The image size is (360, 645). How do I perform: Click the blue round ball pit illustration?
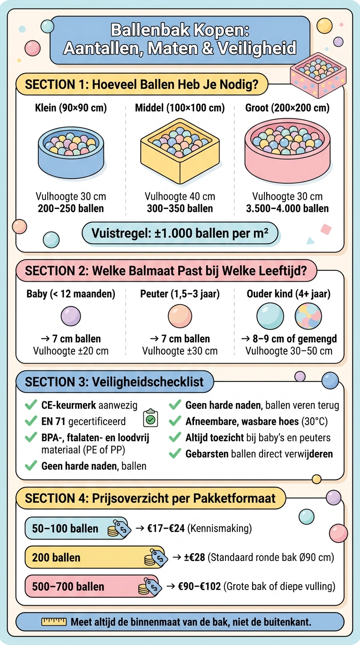71,152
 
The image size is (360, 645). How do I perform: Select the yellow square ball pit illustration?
180,151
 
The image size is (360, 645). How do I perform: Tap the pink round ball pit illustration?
287,150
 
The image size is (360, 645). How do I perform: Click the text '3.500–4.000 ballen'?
287,209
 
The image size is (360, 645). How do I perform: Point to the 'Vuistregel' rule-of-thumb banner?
180,233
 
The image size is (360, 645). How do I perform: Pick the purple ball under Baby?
71,316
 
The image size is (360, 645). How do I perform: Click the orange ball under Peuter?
180,316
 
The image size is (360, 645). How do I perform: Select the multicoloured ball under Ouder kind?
308,316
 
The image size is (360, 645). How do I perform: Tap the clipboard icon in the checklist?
150,418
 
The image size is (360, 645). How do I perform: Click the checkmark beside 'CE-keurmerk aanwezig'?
31,405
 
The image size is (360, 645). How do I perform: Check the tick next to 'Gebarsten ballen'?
175,453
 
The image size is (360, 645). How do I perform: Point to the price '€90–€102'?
199,586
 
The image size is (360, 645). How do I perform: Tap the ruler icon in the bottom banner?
54,622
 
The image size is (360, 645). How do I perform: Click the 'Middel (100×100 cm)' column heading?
180,108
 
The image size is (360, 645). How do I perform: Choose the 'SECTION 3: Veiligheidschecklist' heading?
114,382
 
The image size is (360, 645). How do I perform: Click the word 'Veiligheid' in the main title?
257,48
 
